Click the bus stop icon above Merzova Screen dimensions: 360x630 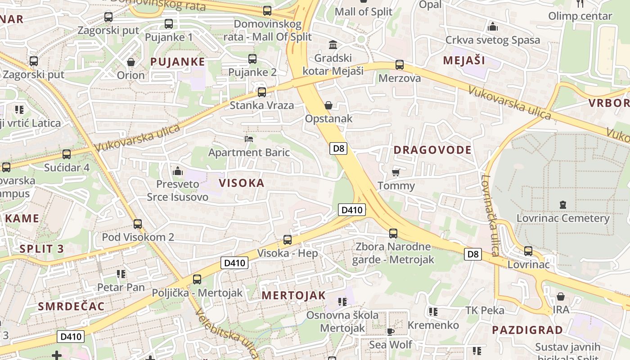[x=399, y=65]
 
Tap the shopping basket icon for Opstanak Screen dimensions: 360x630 [x=328, y=105]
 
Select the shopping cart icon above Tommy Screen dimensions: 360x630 [x=396, y=172]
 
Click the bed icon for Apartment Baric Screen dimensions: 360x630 [x=249, y=139]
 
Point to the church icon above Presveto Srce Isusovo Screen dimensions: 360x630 [x=178, y=171]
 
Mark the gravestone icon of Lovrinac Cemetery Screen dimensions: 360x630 [x=562, y=205]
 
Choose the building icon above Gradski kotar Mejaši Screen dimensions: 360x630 [x=333, y=45]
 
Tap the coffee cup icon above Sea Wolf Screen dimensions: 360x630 [x=390, y=332]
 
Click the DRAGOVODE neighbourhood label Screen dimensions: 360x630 [x=432, y=150]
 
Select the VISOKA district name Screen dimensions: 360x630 [x=242, y=183]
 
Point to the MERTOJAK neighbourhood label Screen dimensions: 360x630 [x=293, y=295]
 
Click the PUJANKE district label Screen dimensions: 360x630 [x=178, y=62]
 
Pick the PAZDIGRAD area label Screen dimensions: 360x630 [x=527, y=330]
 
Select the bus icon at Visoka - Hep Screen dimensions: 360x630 [x=288, y=240]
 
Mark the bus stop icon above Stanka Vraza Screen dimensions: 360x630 [x=261, y=92]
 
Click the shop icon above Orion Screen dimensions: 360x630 [x=131, y=62]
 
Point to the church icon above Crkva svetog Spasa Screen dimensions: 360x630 [x=493, y=27]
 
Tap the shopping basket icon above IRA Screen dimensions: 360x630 [x=561, y=297]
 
